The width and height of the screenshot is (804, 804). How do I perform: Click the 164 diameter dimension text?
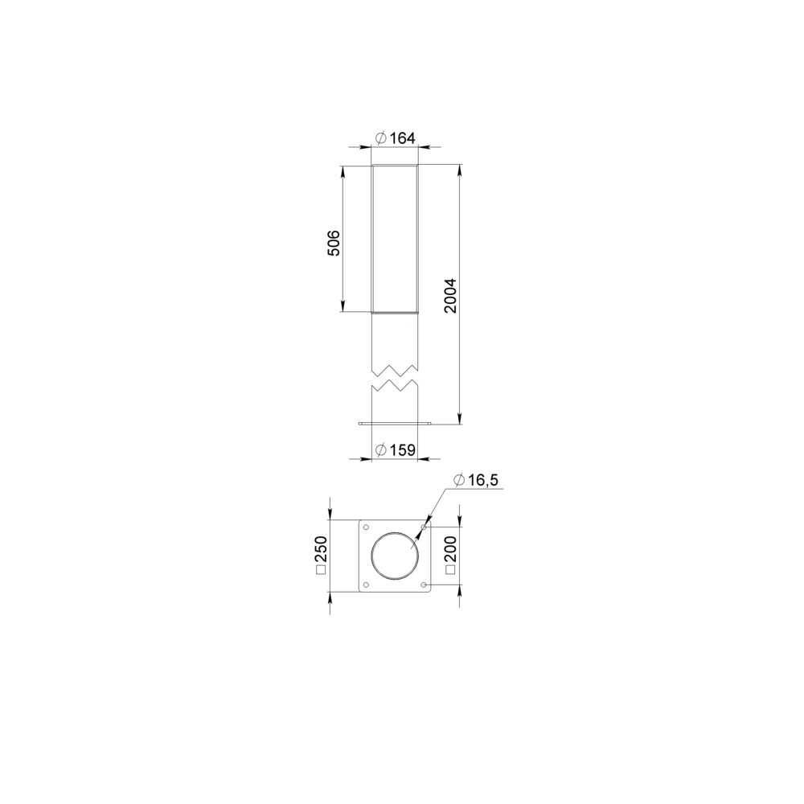click(402, 138)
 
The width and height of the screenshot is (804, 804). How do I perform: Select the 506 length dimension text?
click(334, 243)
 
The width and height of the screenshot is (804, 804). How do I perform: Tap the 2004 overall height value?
click(450, 296)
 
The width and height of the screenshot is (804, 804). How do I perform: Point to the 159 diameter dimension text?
click(403, 450)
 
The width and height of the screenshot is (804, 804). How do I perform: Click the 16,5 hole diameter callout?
click(482, 480)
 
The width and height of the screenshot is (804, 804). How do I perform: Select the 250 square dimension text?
click(321, 548)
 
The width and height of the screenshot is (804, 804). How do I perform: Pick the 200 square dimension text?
click(451, 548)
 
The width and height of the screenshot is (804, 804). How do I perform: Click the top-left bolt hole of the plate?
click(366, 527)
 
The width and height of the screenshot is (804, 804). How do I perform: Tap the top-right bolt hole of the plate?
click(424, 527)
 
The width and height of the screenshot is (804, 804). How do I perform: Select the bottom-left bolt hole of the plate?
click(366, 585)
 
